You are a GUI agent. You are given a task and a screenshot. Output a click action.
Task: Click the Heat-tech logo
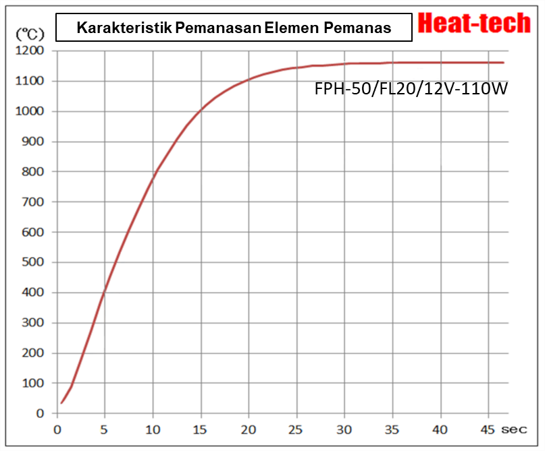[x=475, y=24]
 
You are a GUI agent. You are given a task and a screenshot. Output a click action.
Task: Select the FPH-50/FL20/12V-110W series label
[x=411, y=88]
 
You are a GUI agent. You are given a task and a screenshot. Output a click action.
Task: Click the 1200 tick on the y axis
[x=29, y=51]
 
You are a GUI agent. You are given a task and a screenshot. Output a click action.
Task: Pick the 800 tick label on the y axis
[x=32, y=172]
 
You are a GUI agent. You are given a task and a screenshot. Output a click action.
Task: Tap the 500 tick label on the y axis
[x=32, y=262]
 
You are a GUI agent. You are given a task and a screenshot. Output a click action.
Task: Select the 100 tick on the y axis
[x=32, y=383]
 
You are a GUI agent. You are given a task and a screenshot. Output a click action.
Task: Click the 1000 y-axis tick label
[x=29, y=111]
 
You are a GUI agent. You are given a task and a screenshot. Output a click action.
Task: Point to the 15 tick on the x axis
[x=201, y=429]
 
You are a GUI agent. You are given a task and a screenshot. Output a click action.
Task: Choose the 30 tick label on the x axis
[x=345, y=429]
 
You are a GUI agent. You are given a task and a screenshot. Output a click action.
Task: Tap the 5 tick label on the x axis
[x=105, y=429]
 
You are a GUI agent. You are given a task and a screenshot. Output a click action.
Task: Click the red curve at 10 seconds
[x=153, y=178]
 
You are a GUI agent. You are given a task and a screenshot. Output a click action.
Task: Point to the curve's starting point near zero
[x=61, y=402]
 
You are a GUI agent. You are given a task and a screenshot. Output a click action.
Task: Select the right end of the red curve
[x=503, y=63]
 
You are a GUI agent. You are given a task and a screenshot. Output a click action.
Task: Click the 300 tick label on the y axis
[x=32, y=323]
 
